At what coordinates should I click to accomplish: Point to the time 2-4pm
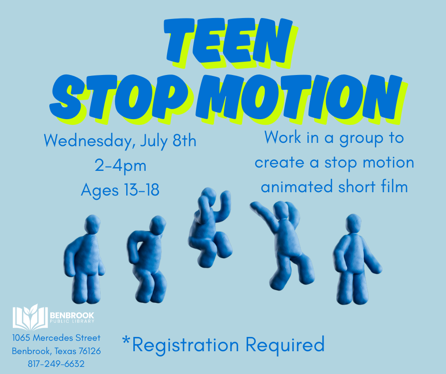click(121, 166)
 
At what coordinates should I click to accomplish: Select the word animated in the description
click(294, 187)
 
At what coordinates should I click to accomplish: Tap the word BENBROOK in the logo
click(72, 314)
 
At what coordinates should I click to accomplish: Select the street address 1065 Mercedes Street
click(56, 338)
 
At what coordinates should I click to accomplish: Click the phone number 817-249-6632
click(56, 364)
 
